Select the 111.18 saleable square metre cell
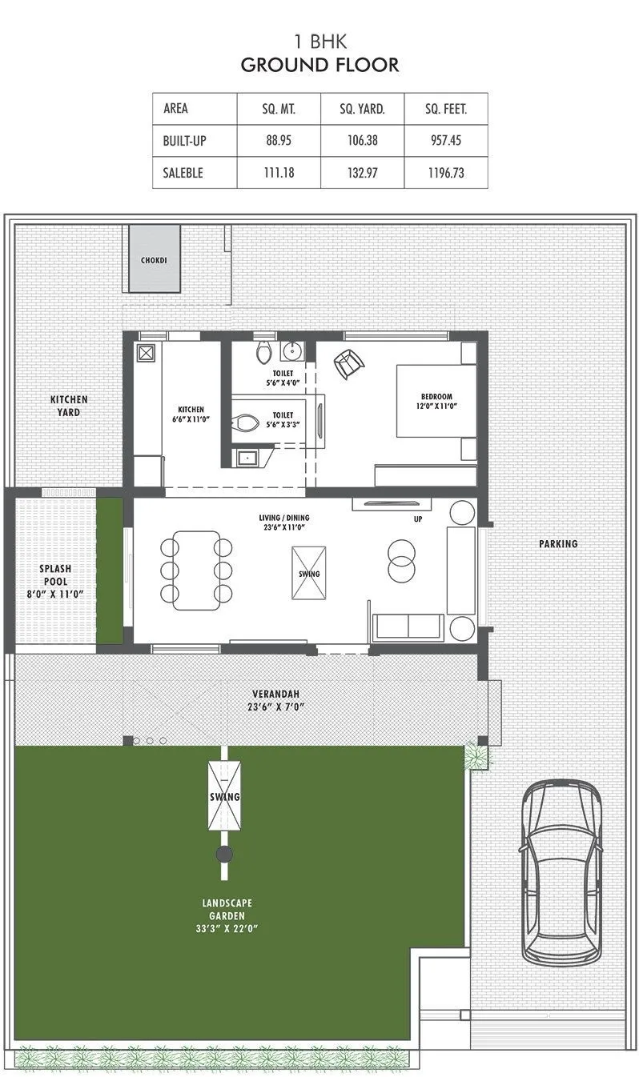279,172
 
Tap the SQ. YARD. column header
362,109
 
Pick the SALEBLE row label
183,172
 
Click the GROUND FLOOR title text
319,65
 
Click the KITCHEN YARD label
69,406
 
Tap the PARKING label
558,544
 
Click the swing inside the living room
308,574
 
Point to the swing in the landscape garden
224,797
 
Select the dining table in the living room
196,570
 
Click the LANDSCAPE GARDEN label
227,915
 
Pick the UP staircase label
417,519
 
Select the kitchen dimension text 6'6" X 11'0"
191,418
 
